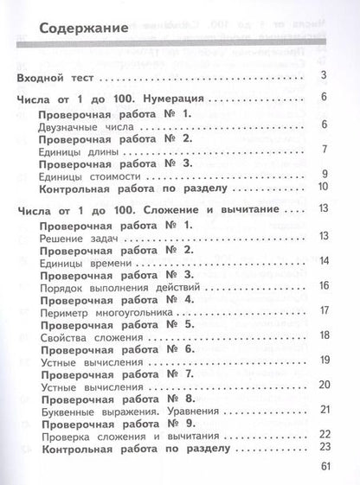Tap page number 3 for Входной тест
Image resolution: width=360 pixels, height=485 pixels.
click(x=322, y=80)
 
